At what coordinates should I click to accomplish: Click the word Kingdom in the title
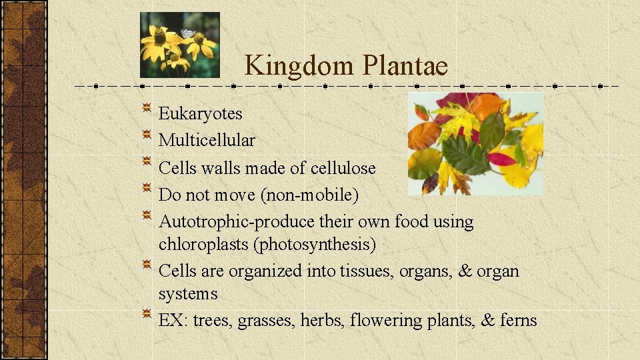coord(299,65)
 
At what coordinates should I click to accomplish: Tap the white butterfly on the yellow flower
coord(188,33)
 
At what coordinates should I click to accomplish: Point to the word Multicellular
coord(206,141)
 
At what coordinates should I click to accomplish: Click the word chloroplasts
coord(203,245)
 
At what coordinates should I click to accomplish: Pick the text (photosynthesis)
coord(314,245)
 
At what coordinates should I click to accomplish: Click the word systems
coord(188,294)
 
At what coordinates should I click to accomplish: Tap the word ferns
coord(519,321)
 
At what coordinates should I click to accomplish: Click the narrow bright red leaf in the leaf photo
coord(501,159)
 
